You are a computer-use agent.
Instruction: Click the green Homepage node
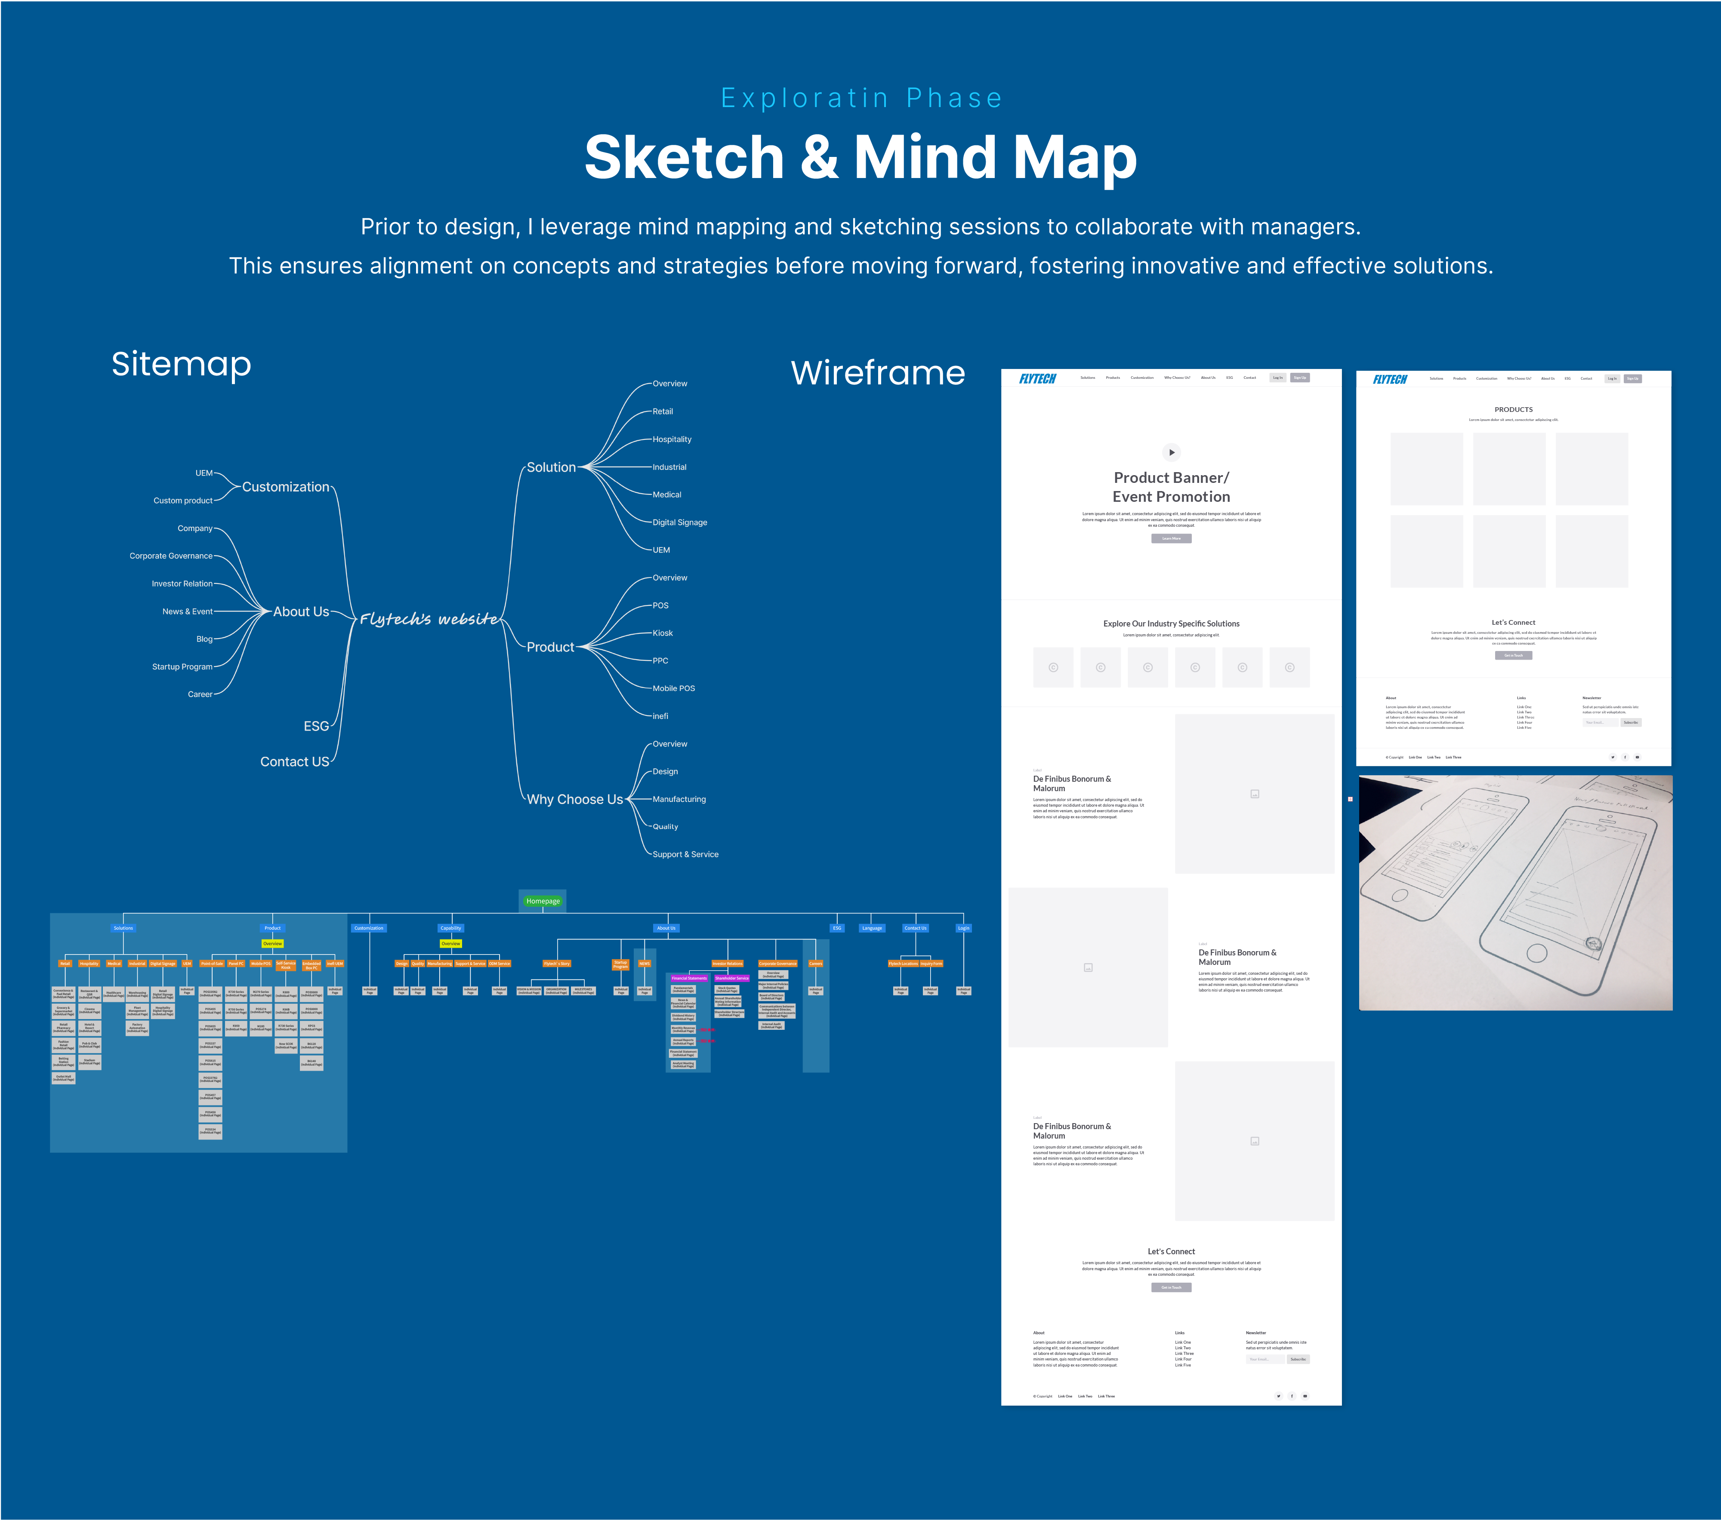(543, 900)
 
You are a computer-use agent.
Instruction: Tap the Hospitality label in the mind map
(672, 439)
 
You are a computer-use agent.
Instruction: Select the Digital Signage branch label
(679, 523)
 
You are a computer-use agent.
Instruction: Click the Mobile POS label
(674, 688)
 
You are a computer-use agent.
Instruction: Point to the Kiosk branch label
(663, 633)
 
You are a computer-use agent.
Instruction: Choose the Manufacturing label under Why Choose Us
(679, 799)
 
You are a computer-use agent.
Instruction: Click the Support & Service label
(685, 854)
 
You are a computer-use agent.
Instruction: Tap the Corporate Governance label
(171, 556)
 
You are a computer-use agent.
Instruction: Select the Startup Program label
(182, 666)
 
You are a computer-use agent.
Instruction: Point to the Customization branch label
(285, 487)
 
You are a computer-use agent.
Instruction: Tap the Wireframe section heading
(877, 373)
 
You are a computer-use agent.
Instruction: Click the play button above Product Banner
(1171, 452)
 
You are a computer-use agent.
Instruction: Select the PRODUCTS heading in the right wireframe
(1513, 410)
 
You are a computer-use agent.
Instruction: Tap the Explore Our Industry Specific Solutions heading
(1171, 623)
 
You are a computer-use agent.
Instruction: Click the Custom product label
(183, 501)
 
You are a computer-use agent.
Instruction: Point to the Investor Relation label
(182, 584)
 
